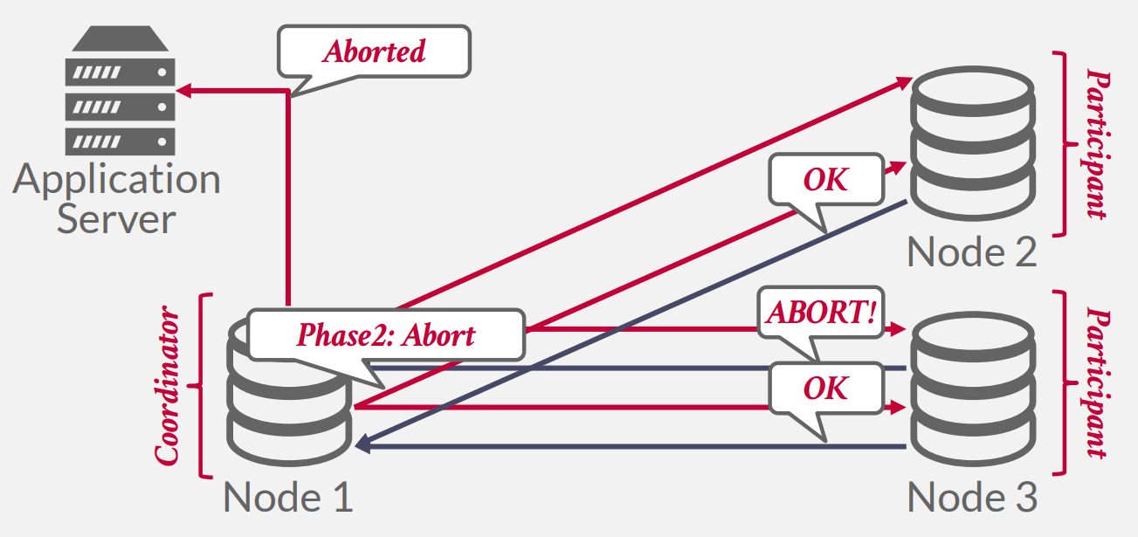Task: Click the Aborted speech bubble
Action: (374, 52)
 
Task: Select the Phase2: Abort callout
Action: (386, 335)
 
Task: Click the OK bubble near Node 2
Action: (825, 179)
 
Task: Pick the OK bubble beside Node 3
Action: (825, 388)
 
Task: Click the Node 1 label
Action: (288, 498)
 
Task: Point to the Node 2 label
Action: (972, 253)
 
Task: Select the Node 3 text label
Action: (972, 498)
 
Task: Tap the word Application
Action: (117, 179)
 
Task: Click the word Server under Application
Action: (116, 218)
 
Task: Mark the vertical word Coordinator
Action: (168, 385)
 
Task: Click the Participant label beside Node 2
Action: (1097, 144)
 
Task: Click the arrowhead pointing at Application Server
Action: (184, 90)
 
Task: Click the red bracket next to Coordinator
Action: (203, 385)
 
